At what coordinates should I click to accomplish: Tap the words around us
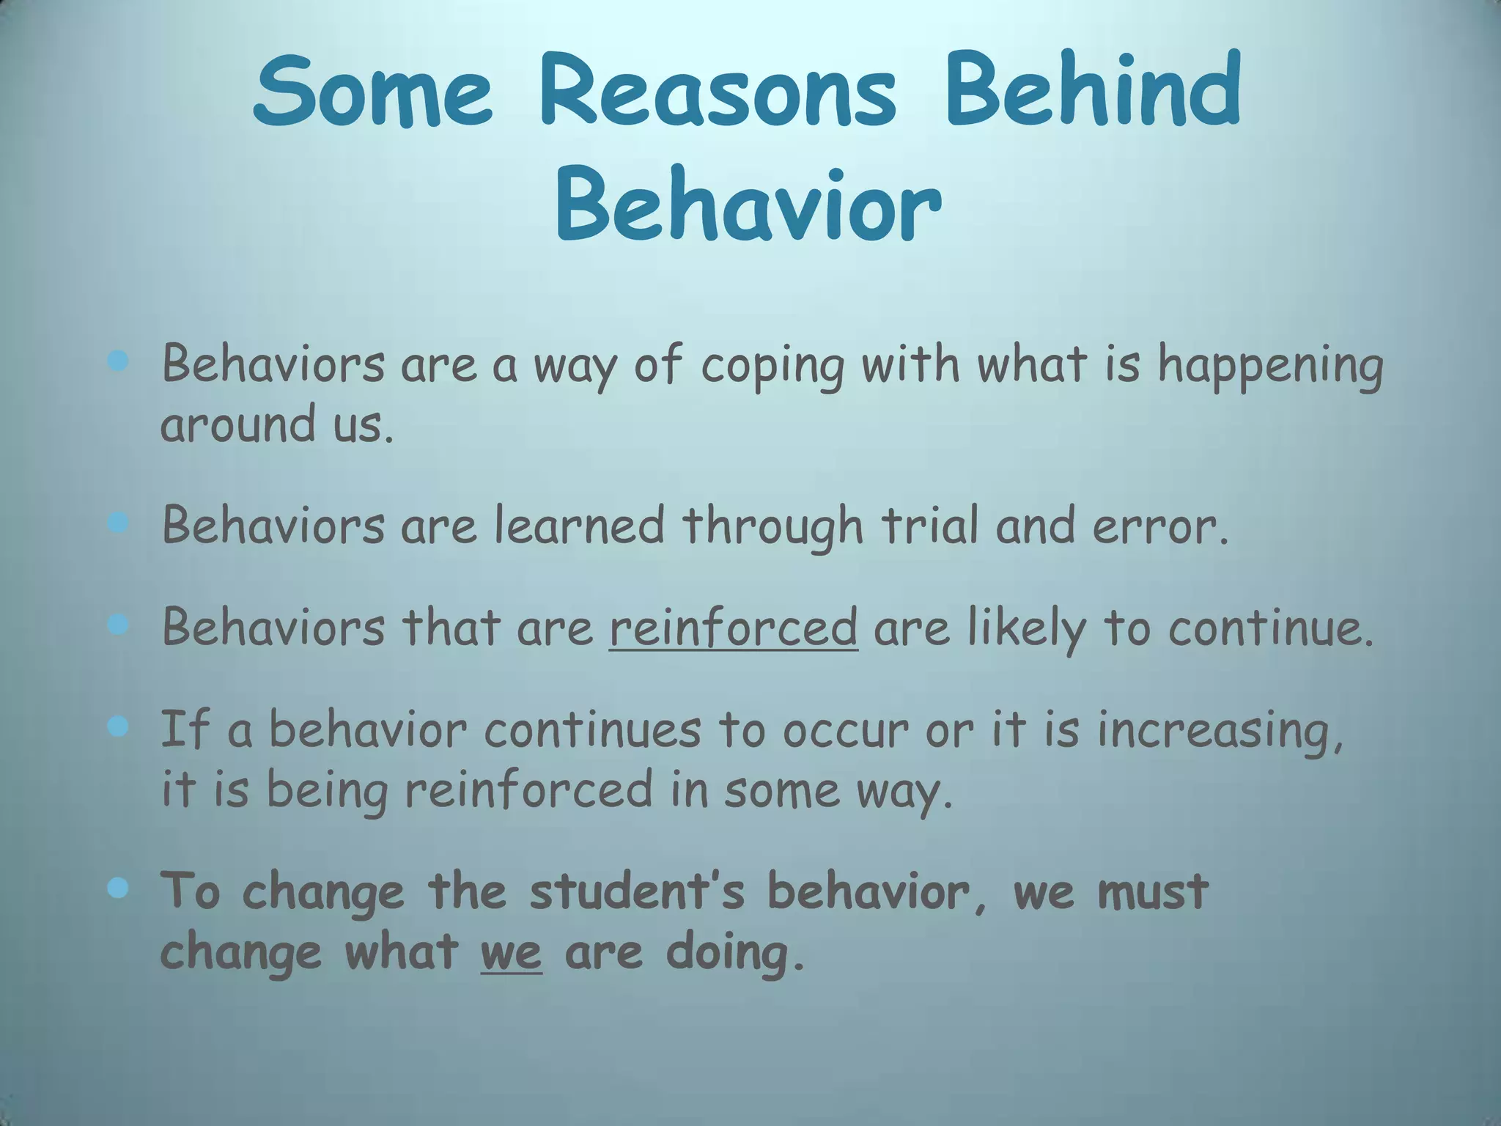277,424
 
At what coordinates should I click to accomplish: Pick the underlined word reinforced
733,628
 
